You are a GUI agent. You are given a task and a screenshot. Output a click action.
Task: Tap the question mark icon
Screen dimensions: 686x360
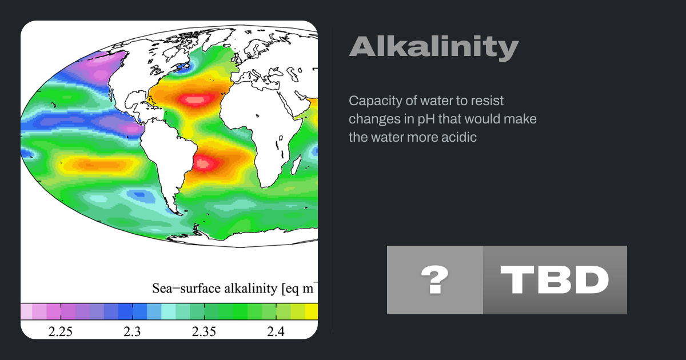pos(435,280)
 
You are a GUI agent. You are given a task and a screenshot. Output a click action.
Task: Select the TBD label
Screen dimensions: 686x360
pos(555,280)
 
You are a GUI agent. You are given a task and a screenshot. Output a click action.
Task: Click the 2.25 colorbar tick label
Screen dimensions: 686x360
pos(61,331)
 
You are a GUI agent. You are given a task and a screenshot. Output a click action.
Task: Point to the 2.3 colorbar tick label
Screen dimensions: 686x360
pos(132,331)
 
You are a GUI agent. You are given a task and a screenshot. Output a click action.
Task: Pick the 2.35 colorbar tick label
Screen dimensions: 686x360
pos(204,331)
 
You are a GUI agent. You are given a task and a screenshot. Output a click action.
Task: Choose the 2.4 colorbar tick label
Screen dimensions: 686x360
pos(276,331)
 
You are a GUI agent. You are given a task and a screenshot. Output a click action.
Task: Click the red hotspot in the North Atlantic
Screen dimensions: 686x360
pos(195,100)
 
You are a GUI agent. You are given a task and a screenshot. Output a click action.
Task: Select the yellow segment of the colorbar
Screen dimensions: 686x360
pos(311,311)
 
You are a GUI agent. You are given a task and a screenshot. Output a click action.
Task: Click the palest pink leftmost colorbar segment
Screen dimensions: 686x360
pos(26,311)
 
